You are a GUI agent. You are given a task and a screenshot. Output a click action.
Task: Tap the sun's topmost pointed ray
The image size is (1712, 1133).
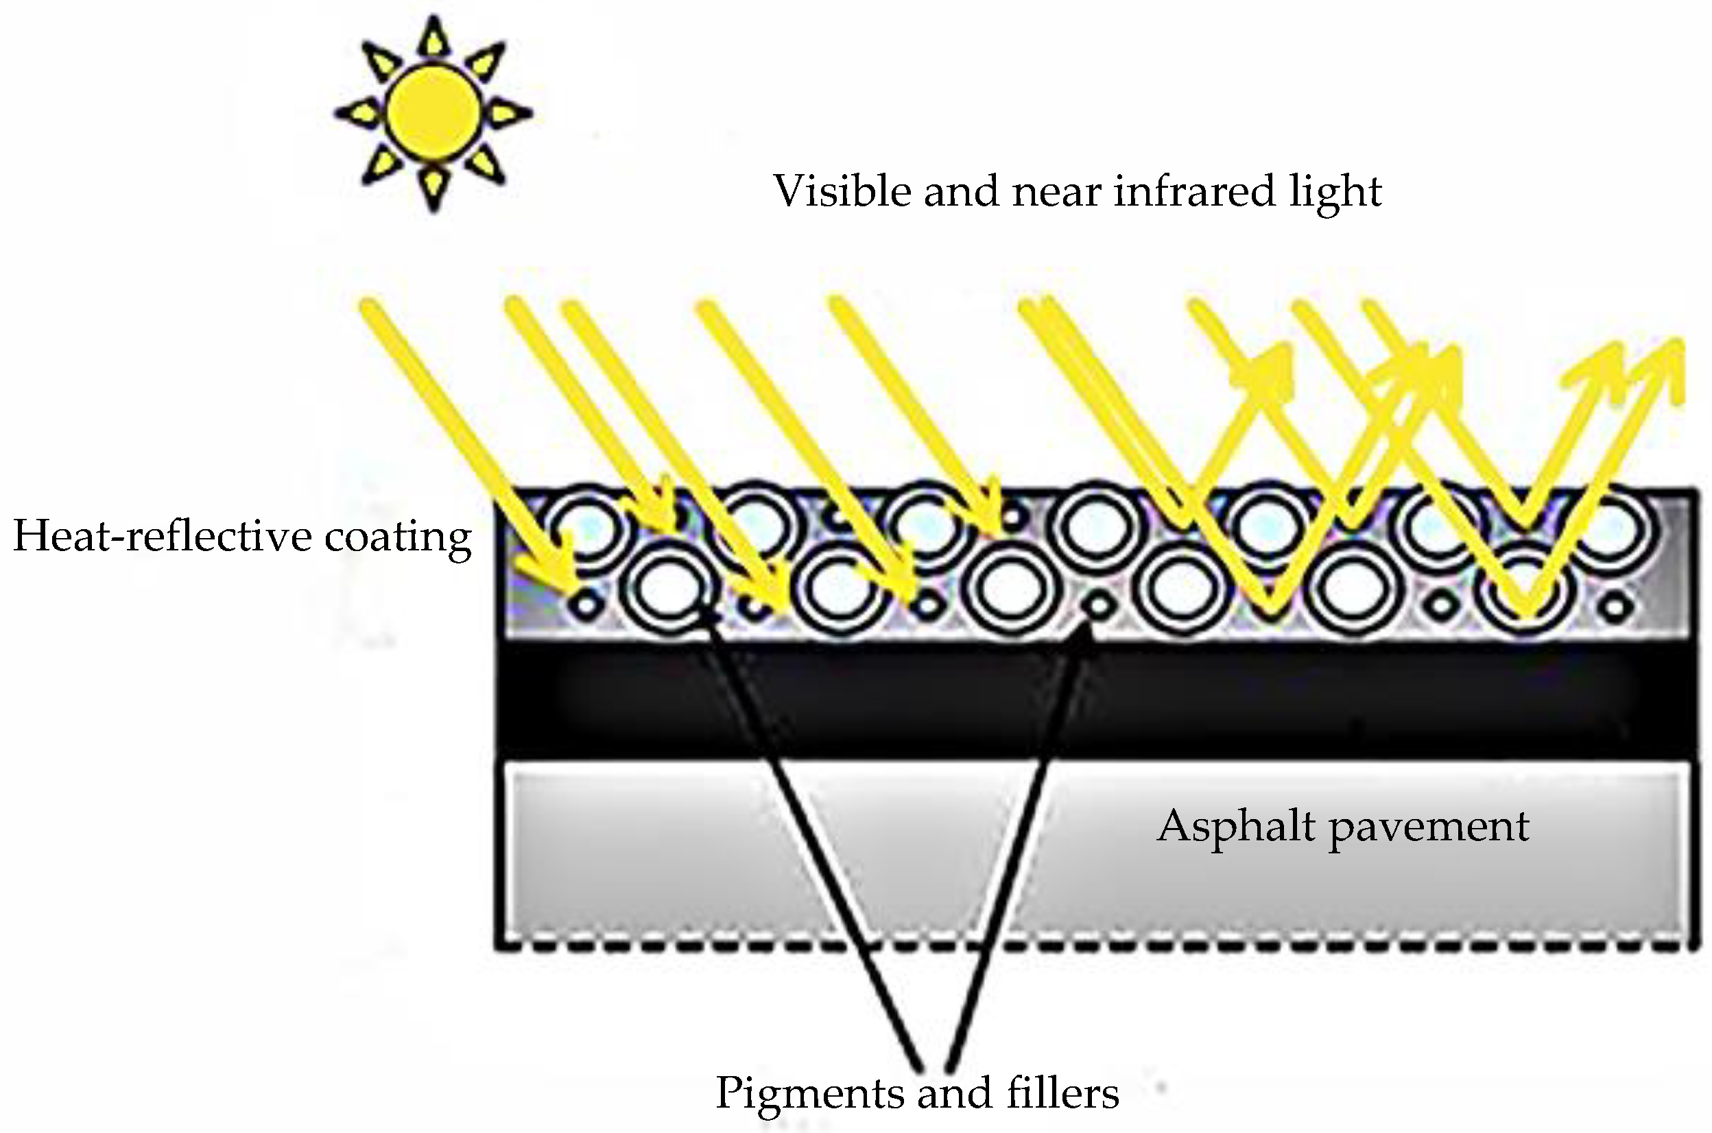[432, 36]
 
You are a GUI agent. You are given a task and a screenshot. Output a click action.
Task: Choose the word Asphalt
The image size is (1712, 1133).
[1235, 827]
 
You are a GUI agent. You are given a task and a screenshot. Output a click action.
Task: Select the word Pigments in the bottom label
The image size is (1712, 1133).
[810, 1093]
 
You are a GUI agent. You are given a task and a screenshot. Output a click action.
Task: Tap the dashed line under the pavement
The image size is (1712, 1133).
[1084, 945]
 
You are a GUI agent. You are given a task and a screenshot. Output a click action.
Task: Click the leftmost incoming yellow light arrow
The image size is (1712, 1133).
[463, 434]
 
